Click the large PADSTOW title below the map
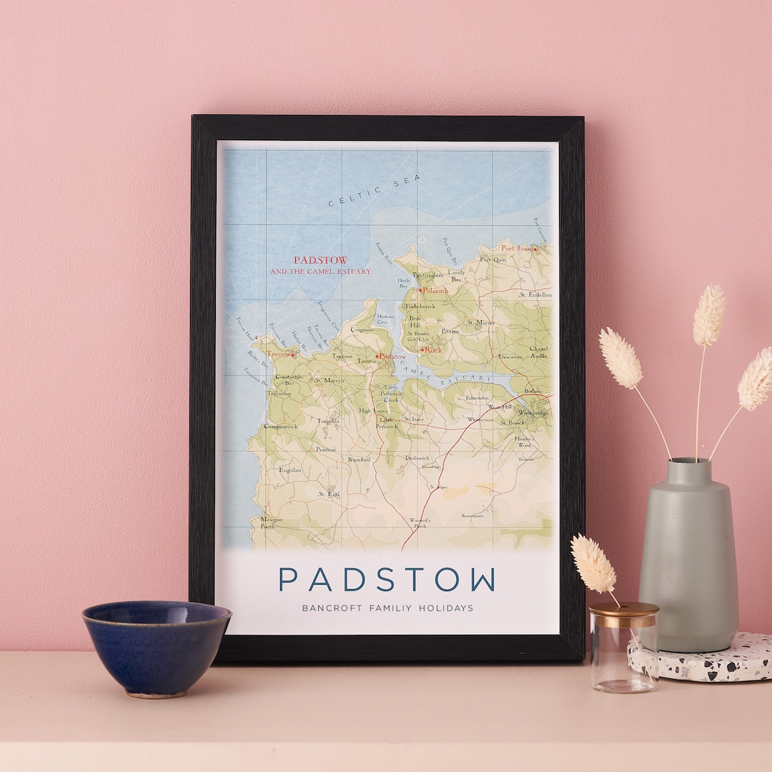pyautogui.click(x=387, y=580)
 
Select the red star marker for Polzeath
pyautogui.click(x=420, y=290)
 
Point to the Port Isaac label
pyautogui.click(x=516, y=248)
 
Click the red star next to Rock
pyautogui.click(x=422, y=350)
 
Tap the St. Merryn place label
pyautogui.click(x=330, y=380)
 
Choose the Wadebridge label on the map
pyautogui.click(x=533, y=413)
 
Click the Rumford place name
pyautogui.click(x=359, y=460)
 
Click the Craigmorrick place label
pyautogui.click(x=279, y=426)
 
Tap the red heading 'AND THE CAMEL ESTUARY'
pyautogui.click(x=320, y=272)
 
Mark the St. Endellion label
pyautogui.click(x=535, y=295)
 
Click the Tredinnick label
pyautogui.click(x=417, y=457)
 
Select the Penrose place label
pyautogui.click(x=325, y=450)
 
